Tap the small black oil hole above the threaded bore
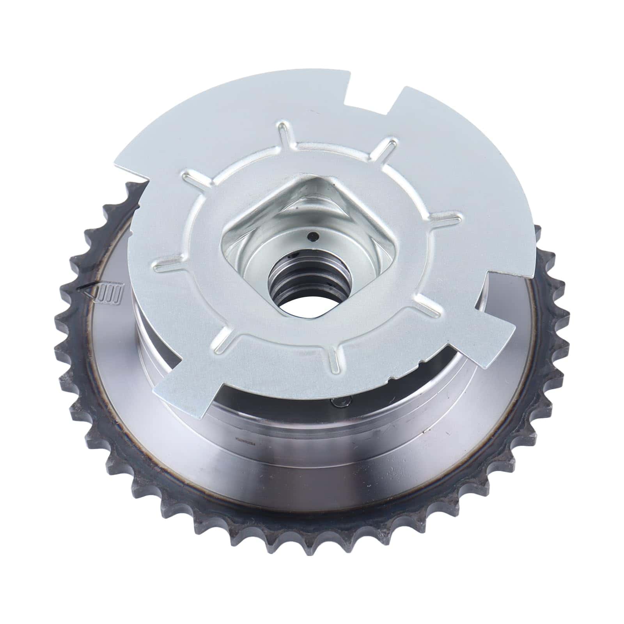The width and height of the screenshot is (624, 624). [312, 236]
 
